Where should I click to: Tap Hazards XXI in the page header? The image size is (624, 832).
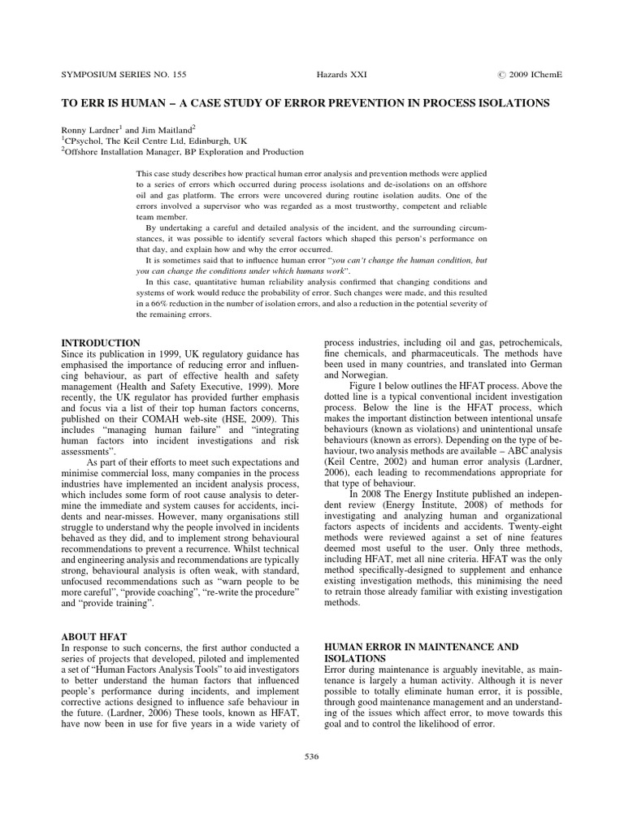click(342, 74)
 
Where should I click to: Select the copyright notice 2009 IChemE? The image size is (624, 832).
click(532, 74)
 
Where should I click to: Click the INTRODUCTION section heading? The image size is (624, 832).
click(101, 343)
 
